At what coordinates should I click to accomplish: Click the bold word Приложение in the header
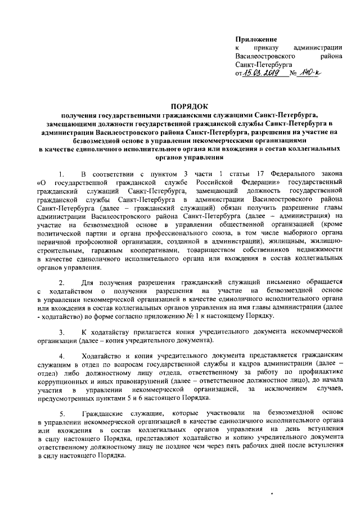click(256, 39)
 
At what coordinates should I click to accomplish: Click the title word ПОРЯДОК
click(190, 105)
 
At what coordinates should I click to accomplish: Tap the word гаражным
click(103, 250)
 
